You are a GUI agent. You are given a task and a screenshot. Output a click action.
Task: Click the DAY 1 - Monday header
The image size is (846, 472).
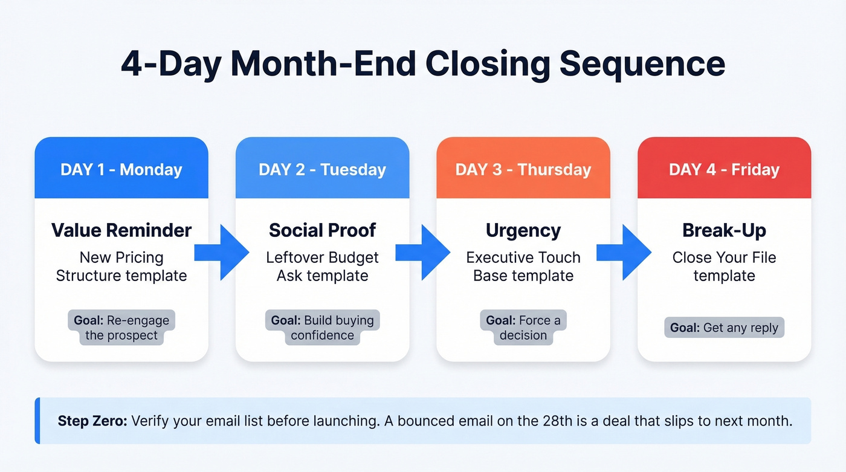point(121,169)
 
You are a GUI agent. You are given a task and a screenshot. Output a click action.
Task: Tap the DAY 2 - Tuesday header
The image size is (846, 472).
point(322,169)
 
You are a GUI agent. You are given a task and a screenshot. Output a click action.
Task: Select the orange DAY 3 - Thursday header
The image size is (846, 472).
point(523,169)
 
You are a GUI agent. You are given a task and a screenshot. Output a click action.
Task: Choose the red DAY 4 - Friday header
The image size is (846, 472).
point(724,169)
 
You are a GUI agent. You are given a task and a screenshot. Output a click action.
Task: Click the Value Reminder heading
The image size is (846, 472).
point(121,230)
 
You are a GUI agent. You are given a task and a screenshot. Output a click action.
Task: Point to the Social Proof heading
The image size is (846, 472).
point(322,230)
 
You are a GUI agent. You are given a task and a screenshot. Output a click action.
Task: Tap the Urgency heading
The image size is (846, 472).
point(523,230)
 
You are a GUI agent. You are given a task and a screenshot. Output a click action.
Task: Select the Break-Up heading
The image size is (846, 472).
point(724,230)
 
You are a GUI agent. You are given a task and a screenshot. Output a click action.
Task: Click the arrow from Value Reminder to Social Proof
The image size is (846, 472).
point(222,253)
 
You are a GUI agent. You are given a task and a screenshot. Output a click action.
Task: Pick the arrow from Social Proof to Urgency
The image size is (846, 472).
point(423,253)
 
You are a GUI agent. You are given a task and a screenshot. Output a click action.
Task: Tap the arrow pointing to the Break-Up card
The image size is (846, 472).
point(624,253)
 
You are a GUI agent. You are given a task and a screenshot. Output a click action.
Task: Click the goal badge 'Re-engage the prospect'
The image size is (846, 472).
point(121,328)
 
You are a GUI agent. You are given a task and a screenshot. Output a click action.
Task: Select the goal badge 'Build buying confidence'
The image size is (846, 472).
point(322,328)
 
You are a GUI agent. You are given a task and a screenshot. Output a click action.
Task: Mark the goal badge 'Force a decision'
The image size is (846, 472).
point(523,328)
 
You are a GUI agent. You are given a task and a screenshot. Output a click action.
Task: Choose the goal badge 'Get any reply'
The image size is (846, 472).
point(724,328)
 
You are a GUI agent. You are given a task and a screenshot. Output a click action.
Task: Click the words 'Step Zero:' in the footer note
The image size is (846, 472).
point(92,421)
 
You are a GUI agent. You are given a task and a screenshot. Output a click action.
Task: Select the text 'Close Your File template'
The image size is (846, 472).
point(724,267)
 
